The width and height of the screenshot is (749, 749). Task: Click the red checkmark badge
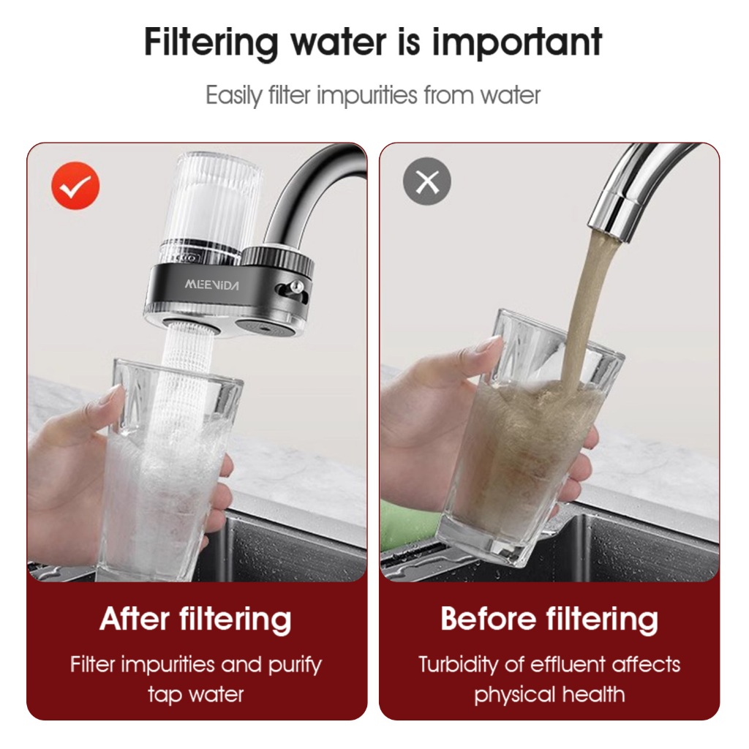(75, 185)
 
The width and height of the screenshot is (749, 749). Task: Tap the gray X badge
(427, 181)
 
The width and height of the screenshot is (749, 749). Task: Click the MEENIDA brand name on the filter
(211, 285)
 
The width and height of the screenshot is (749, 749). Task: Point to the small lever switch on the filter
(290, 288)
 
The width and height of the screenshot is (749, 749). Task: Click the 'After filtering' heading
(196, 619)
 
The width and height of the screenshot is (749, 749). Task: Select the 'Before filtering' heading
(549, 619)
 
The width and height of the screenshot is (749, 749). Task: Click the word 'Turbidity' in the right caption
(458, 665)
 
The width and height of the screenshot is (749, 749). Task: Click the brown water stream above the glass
(585, 306)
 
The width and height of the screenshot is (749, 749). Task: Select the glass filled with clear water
(170, 470)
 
